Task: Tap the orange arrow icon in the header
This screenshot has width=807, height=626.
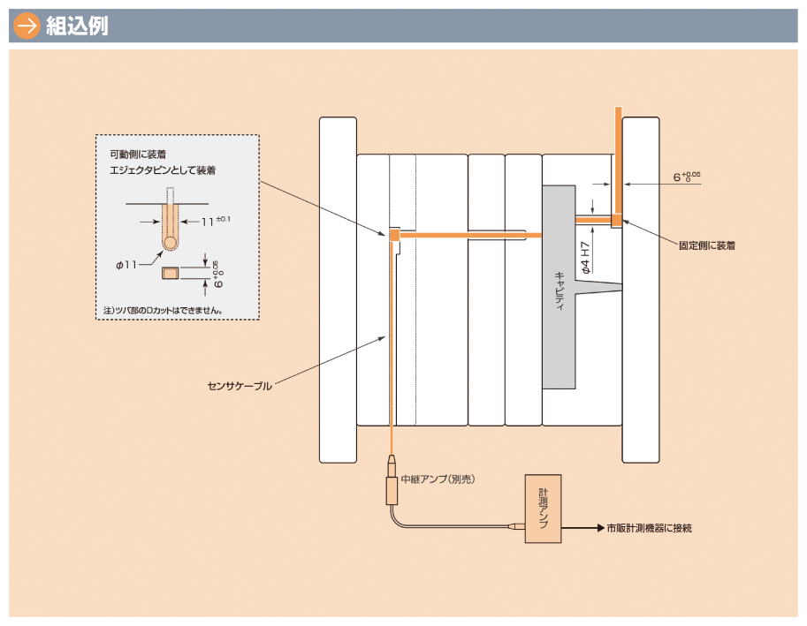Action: tap(27, 26)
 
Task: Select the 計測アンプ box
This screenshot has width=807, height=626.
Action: tap(543, 509)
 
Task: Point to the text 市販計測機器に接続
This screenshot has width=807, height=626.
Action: tap(649, 528)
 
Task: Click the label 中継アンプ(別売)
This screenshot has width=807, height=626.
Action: tap(438, 479)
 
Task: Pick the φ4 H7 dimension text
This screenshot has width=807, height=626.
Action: tap(585, 253)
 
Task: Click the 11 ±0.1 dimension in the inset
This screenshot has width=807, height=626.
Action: tap(213, 222)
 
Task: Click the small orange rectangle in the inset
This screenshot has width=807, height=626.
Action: tap(170, 273)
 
